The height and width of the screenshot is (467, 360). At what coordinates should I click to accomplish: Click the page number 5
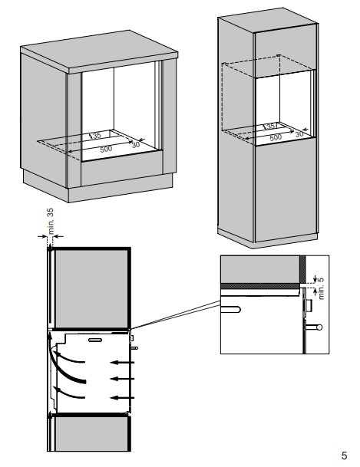click(x=344, y=455)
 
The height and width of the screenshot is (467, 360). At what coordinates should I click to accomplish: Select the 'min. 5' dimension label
click(x=321, y=288)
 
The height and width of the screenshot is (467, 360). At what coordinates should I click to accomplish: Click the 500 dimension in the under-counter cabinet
click(x=106, y=149)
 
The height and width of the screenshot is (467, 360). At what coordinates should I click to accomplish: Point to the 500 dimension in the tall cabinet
click(x=276, y=137)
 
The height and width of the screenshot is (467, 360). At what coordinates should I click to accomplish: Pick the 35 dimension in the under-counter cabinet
click(x=97, y=136)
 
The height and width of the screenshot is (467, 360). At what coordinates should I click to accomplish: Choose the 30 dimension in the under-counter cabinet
click(x=136, y=145)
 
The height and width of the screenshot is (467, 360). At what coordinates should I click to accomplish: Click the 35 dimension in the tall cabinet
click(x=271, y=127)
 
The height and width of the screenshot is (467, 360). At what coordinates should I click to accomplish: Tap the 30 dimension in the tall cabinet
click(x=299, y=134)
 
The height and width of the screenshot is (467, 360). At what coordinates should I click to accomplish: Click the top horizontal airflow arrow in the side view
click(x=123, y=362)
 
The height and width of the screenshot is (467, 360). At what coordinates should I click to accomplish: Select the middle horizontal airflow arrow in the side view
click(x=123, y=379)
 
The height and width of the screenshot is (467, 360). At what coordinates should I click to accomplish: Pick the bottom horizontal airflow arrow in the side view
click(x=123, y=398)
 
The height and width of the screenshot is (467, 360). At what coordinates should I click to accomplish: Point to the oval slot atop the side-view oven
click(x=95, y=340)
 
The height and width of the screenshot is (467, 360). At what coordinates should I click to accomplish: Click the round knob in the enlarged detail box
click(x=319, y=327)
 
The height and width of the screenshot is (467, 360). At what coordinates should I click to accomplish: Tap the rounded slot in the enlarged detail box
click(x=230, y=309)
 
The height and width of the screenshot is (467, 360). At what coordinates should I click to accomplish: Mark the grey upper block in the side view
click(x=91, y=288)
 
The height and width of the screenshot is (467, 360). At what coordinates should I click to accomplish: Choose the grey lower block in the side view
click(x=91, y=433)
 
